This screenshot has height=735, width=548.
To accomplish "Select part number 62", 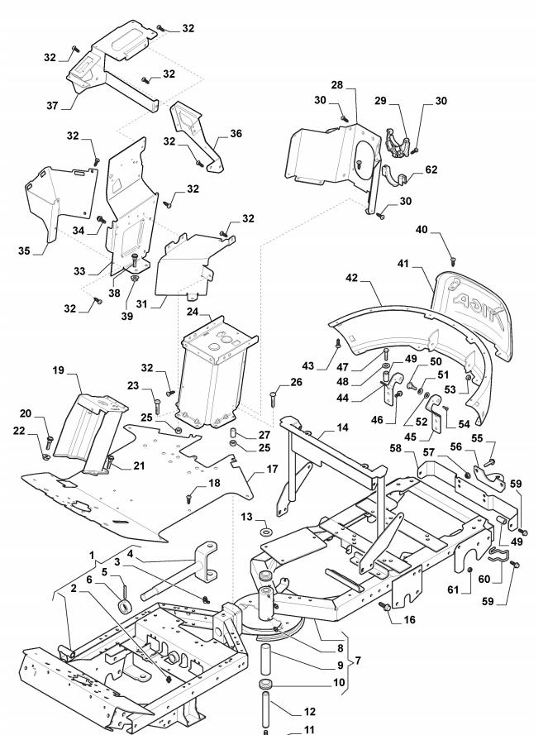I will click(431, 169).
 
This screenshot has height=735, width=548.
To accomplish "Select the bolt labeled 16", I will click(386, 606).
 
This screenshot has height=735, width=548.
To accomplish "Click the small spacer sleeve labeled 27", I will click(233, 433).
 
